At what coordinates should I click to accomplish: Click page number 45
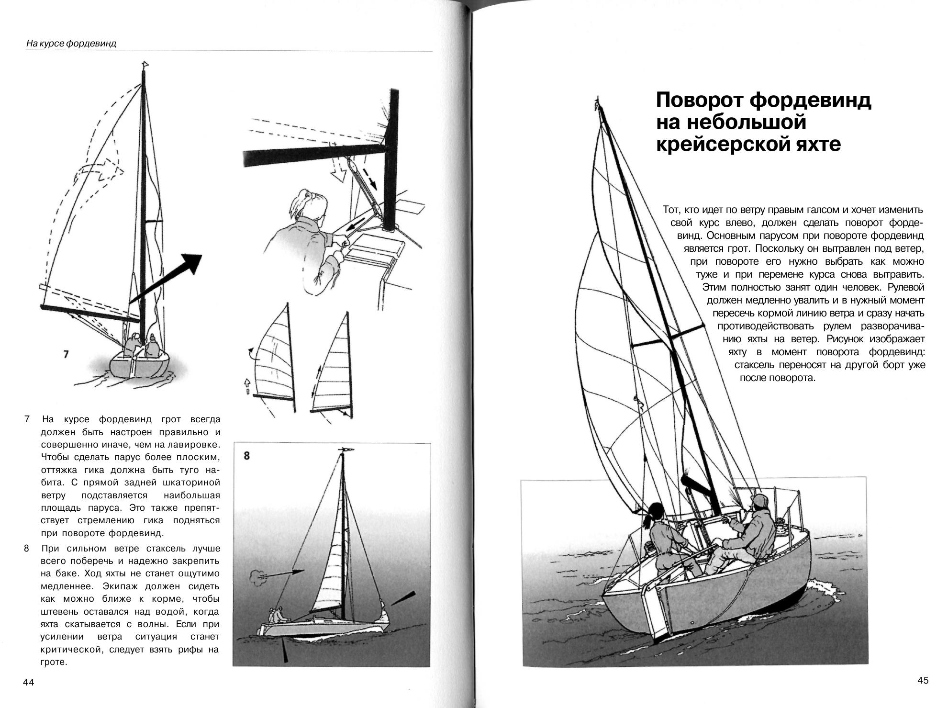coord(923,680)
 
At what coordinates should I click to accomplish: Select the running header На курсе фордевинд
coord(71,44)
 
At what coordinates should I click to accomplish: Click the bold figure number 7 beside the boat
coord(66,354)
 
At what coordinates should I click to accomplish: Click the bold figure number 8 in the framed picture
coord(246,456)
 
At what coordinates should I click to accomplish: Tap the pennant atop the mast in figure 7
coord(145,64)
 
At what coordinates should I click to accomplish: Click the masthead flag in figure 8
coord(347,450)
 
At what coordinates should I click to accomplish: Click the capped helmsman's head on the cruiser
coord(759,506)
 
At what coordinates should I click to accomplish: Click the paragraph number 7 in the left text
coord(27,419)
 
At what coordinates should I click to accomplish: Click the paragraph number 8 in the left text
coord(27,548)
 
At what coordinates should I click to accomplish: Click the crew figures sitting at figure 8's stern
coord(277,614)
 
